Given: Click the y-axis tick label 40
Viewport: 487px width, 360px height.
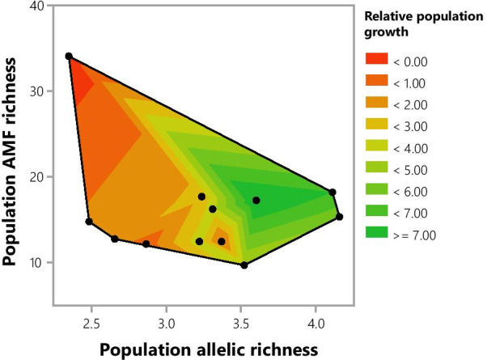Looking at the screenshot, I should pyautogui.click(x=37, y=6).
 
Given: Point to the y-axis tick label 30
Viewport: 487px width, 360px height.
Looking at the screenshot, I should pyautogui.click(x=37, y=91).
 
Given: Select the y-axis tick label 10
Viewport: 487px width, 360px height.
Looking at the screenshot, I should pyautogui.click(x=37, y=262).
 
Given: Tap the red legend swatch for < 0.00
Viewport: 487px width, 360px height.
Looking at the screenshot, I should pyautogui.click(x=376, y=61).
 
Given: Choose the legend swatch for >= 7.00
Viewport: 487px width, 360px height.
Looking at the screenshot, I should pyautogui.click(x=376, y=235).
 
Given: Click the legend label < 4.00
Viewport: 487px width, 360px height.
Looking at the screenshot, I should pyautogui.click(x=414, y=148).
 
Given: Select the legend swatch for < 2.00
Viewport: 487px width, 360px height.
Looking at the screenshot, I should pyautogui.click(x=376, y=104).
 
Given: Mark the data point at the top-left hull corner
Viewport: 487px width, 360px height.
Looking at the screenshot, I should pyautogui.click(x=69, y=57).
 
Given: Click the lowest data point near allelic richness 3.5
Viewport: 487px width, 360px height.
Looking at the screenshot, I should pyautogui.click(x=243, y=265).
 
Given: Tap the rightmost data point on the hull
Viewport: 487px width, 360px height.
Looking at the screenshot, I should pyautogui.click(x=340, y=217).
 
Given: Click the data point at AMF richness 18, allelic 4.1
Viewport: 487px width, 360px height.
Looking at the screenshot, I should pyautogui.click(x=332, y=193).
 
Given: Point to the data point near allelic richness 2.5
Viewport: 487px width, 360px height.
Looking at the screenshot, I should pyautogui.click(x=89, y=222).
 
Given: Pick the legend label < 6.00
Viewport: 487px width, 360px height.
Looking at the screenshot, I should pyautogui.click(x=414, y=192).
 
